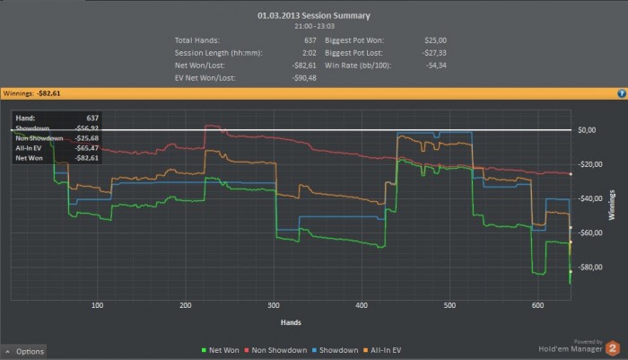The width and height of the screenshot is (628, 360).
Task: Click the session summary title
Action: coord(313,15)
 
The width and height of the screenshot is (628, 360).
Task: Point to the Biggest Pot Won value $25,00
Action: coord(435,40)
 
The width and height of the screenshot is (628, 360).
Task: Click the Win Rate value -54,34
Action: coord(434,66)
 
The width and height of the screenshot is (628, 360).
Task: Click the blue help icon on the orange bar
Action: coord(621,92)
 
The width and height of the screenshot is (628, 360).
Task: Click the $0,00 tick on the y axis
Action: coord(587,130)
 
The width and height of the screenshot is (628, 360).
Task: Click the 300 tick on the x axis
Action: coord(274,305)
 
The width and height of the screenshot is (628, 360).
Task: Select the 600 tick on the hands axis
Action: coord(538,305)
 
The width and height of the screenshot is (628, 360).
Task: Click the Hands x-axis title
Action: coord(290,321)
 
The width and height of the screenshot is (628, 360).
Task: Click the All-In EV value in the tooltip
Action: coord(87,148)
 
